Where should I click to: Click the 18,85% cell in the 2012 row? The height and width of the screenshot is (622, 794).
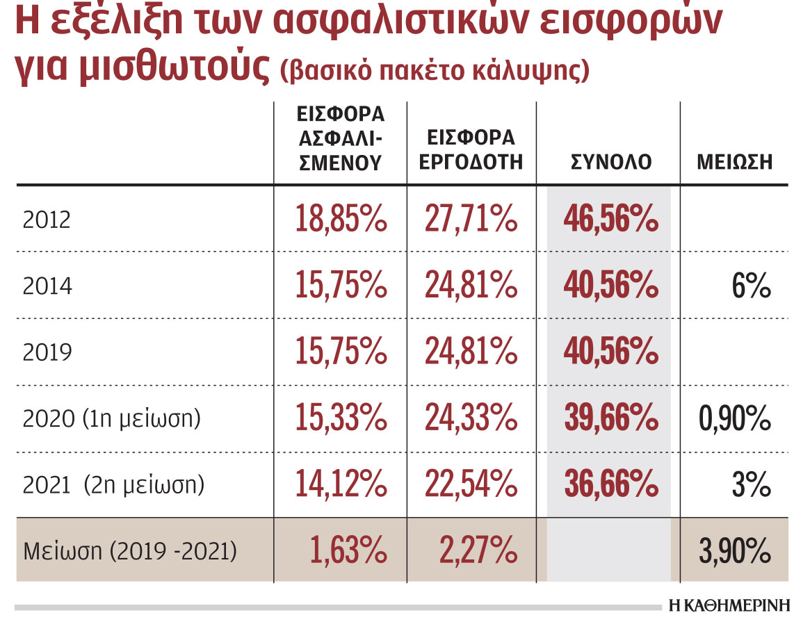pyautogui.click(x=341, y=220)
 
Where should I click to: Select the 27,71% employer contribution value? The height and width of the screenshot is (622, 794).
pyautogui.click(x=471, y=220)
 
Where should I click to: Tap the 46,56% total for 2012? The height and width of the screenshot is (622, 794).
pyautogui.click(x=611, y=220)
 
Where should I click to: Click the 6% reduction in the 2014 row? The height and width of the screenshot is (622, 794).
pyautogui.click(x=751, y=286)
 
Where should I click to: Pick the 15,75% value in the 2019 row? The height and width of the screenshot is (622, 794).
pyautogui.click(x=341, y=352)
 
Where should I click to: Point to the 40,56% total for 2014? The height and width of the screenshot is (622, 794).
pyautogui.click(x=611, y=286)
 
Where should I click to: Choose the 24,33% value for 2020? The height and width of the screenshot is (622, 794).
pyautogui.click(x=471, y=418)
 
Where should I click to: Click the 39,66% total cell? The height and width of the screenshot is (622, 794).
pyautogui.click(x=611, y=418)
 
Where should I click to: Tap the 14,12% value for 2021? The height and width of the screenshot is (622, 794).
pyautogui.click(x=341, y=484)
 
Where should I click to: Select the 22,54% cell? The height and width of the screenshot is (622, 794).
pyautogui.click(x=471, y=484)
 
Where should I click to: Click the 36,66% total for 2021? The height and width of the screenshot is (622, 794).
pyautogui.click(x=611, y=484)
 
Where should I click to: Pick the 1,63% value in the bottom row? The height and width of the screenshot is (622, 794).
pyautogui.click(x=348, y=552)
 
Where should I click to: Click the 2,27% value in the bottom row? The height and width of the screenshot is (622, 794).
pyautogui.click(x=478, y=552)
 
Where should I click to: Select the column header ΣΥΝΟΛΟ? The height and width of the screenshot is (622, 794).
pyautogui.click(x=610, y=163)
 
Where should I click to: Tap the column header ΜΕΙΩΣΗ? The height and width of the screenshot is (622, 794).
pyautogui.click(x=734, y=163)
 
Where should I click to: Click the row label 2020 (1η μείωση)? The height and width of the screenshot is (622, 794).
pyautogui.click(x=112, y=419)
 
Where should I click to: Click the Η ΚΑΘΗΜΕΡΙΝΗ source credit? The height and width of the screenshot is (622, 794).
pyautogui.click(x=729, y=605)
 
